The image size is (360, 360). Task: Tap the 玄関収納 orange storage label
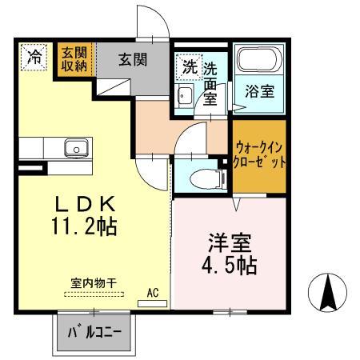(x=77, y=60)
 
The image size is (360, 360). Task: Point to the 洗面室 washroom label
(x=213, y=80)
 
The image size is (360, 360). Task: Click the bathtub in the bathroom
(x=260, y=62)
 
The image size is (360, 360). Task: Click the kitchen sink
(x=77, y=148)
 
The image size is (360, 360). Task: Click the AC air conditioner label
(x=153, y=294)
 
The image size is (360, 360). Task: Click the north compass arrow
(x=327, y=294)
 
